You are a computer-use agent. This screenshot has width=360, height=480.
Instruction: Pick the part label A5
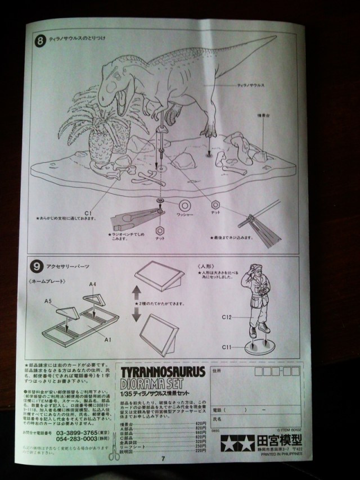pyautogui.click(x=48, y=301)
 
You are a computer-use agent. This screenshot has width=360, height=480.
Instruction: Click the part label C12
pyautogui.click(x=227, y=318)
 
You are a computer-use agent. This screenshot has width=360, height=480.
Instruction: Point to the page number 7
pyautogui.click(x=163, y=458)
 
